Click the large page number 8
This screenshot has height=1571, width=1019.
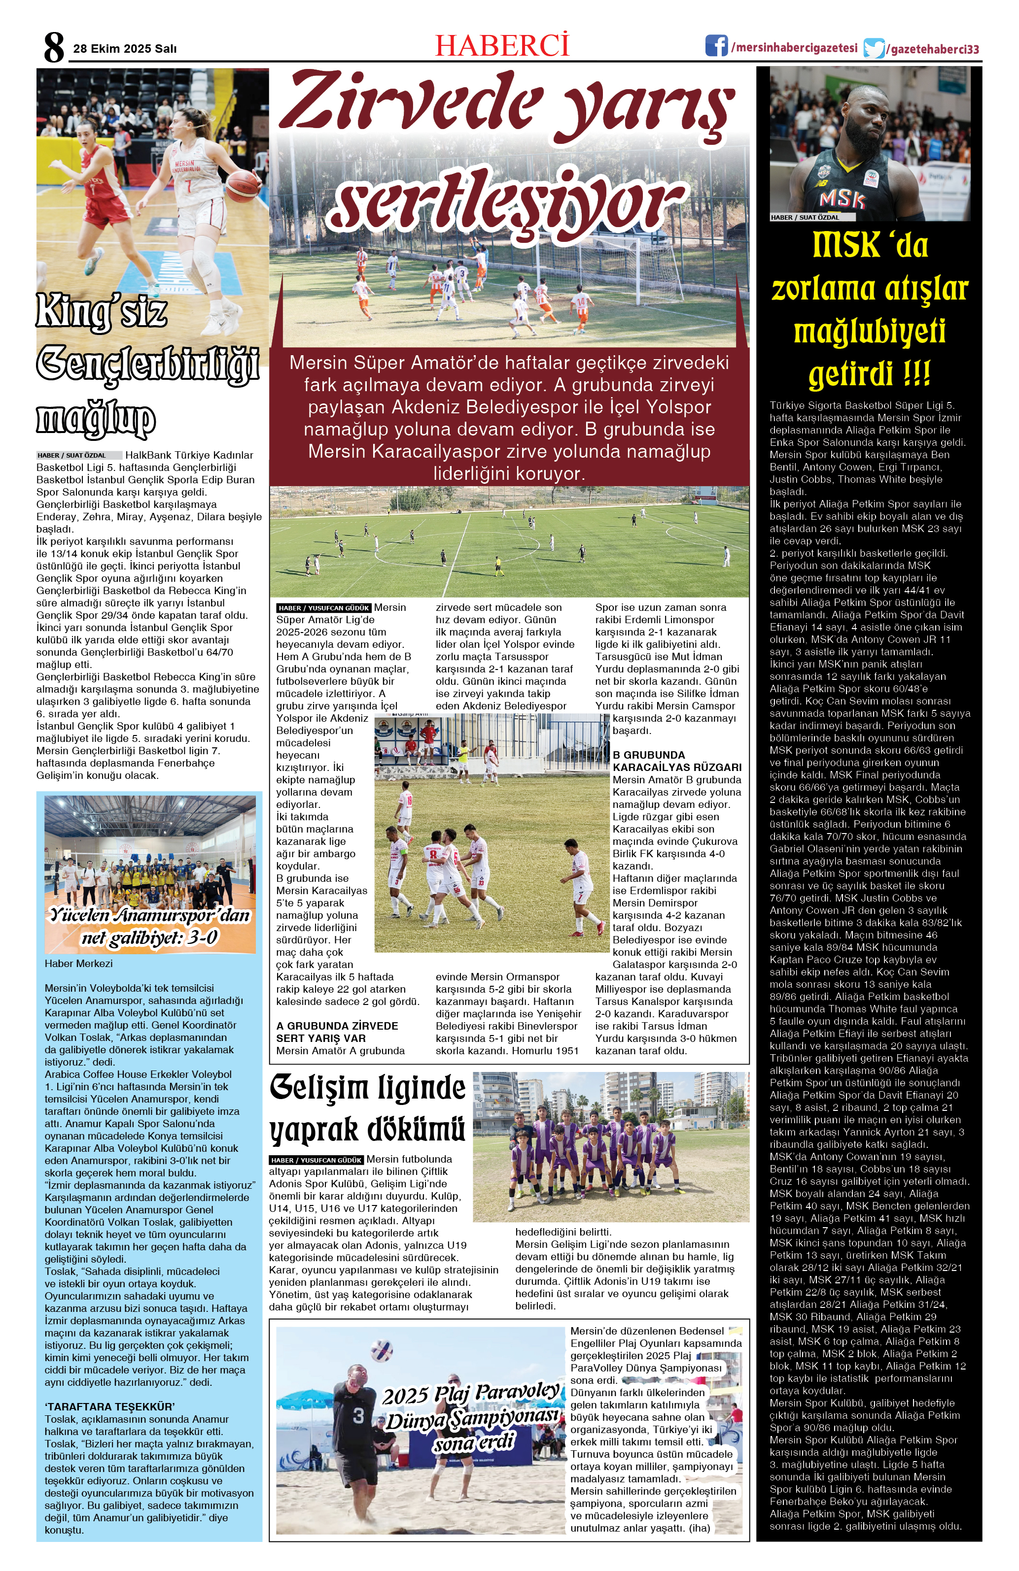coord(54,47)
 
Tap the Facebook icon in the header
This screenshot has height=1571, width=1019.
coord(716,46)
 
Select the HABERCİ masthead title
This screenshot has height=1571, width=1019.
coord(502,45)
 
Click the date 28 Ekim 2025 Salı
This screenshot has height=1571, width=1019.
coord(125,49)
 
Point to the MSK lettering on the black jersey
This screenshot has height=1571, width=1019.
coord(842,199)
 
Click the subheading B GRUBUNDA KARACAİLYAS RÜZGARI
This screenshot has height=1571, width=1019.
coord(676,761)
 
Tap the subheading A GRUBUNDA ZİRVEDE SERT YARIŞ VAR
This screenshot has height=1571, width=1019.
coord(337,1032)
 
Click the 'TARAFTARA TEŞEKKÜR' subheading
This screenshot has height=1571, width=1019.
coord(109,1406)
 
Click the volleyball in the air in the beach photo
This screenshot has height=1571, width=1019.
coord(383,1350)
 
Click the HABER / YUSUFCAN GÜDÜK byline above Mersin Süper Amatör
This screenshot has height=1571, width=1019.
coord(323,608)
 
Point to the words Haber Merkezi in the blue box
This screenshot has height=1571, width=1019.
coord(78,964)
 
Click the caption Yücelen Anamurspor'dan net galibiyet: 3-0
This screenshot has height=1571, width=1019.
coord(150,926)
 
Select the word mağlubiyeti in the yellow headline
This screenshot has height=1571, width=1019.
coord(869,332)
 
